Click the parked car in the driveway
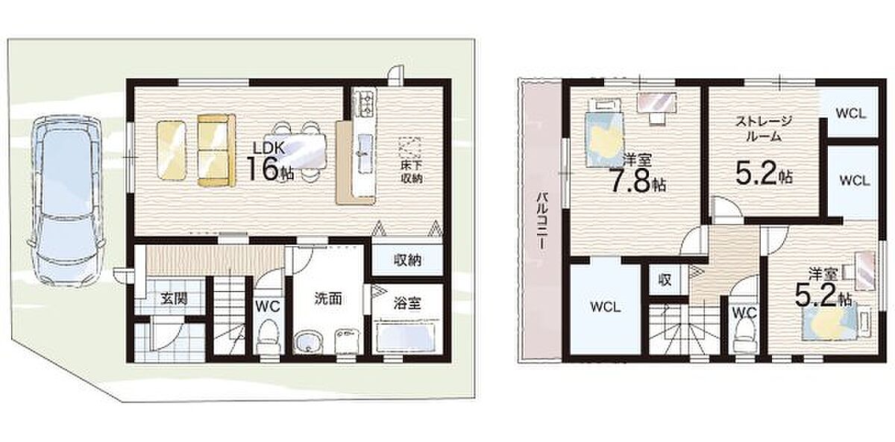(66, 199)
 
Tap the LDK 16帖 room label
(270, 162)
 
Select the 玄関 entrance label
(175, 299)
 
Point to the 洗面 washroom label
(328, 299)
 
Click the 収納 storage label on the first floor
(407, 261)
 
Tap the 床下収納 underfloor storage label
(412, 172)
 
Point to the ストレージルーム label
(764, 128)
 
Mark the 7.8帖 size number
(636, 182)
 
